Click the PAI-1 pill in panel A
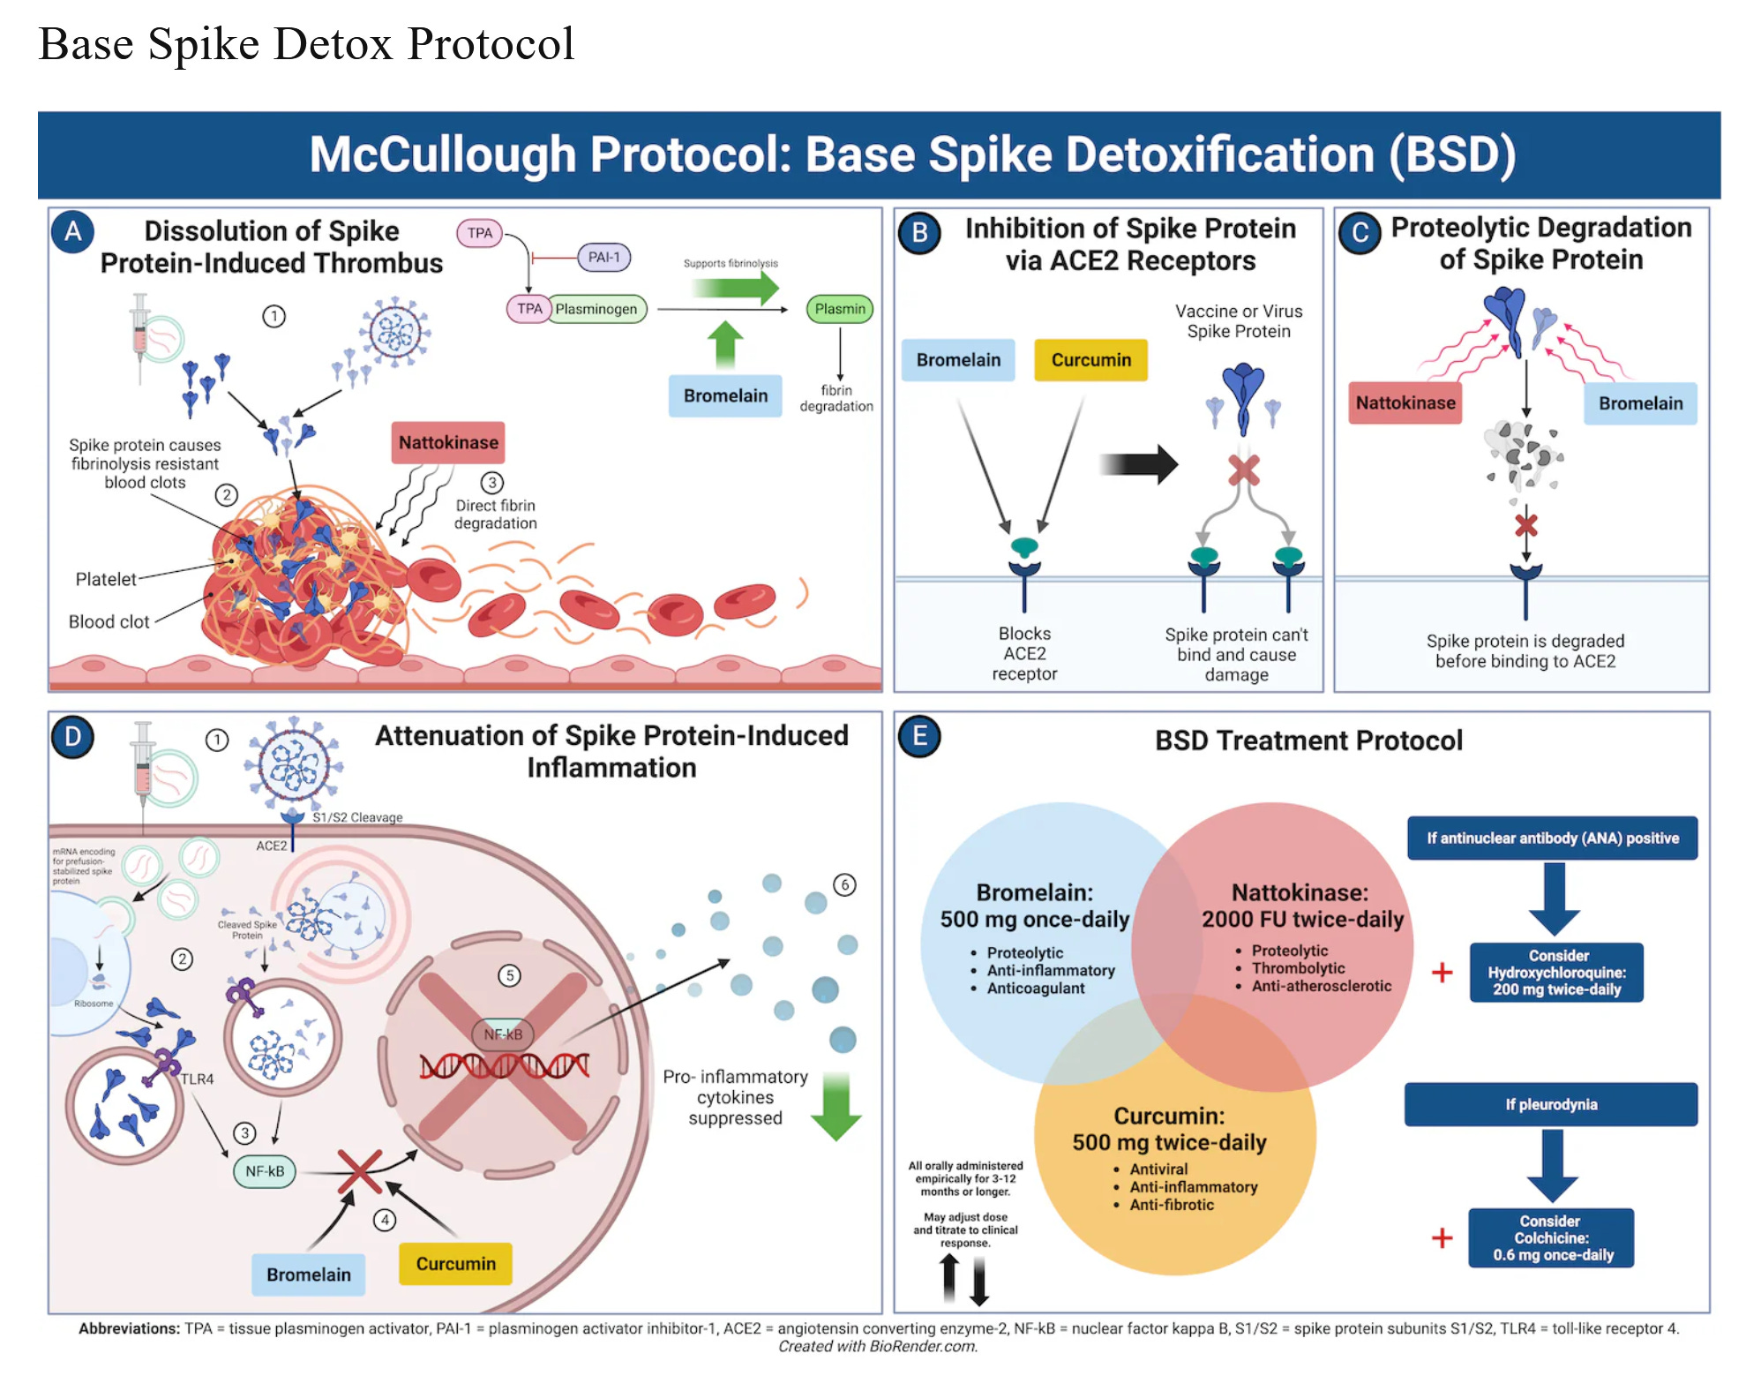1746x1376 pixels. [x=603, y=257]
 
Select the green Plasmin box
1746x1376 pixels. [x=839, y=309]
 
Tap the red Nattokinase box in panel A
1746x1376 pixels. [x=448, y=442]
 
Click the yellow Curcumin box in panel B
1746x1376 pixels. [x=1090, y=360]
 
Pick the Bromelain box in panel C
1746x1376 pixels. [x=1640, y=403]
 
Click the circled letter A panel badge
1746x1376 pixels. [x=72, y=231]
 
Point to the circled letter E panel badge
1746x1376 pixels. [x=919, y=736]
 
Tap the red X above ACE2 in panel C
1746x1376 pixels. [x=1525, y=526]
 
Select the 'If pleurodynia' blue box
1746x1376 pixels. [x=1550, y=1104]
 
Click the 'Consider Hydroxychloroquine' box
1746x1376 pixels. [x=1556, y=972]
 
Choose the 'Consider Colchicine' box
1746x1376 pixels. [x=1551, y=1237]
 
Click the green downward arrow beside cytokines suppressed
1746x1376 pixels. [x=836, y=1107]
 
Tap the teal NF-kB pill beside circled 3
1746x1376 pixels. [x=265, y=1171]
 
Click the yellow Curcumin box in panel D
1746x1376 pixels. [x=455, y=1264]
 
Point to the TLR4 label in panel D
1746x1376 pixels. [x=197, y=1079]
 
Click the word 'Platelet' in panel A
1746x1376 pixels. [x=106, y=579]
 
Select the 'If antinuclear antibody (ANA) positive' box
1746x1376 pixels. [x=1552, y=838]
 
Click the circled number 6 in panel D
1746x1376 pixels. [x=844, y=884]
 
